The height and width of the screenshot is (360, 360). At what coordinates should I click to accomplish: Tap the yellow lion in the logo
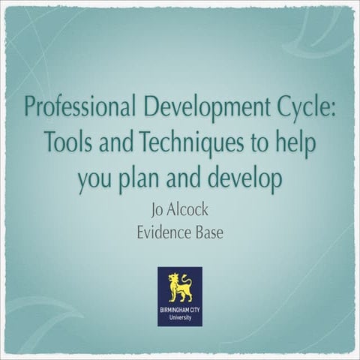pyautogui.click(x=180, y=286)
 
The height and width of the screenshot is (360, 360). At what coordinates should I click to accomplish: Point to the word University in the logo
pyautogui.click(x=180, y=317)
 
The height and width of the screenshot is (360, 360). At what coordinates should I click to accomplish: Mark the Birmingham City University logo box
pyautogui.click(x=180, y=296)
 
